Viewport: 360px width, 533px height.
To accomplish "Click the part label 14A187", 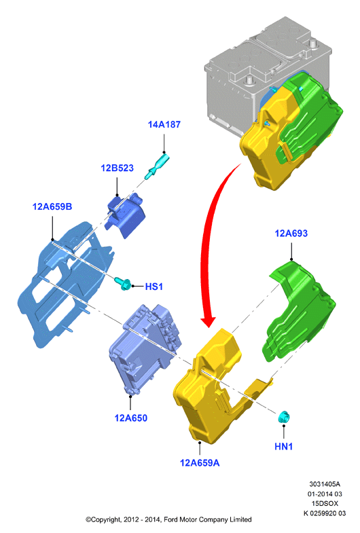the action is (164, 124).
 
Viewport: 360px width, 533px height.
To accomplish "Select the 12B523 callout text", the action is (117, 168).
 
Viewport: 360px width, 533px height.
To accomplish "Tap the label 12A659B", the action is (52, 206).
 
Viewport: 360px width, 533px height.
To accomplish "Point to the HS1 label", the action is (154, 287).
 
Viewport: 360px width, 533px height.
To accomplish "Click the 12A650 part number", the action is (131, 418).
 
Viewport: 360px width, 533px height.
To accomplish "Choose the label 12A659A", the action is (200, 463).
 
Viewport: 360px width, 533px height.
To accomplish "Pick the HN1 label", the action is (283, 446).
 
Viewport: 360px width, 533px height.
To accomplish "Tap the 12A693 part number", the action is (291, 234).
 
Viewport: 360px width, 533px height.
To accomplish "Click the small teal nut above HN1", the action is (283, 417).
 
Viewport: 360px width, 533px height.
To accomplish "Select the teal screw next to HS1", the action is (123, 283).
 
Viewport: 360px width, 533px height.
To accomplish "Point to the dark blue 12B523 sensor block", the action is (125, 215).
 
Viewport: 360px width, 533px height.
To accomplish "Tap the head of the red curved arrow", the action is (208, 321).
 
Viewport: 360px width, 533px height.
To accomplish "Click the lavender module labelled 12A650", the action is (145, 350).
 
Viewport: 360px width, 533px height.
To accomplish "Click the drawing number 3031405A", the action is (324, 484).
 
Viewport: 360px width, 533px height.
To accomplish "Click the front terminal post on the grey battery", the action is (250, 81).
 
